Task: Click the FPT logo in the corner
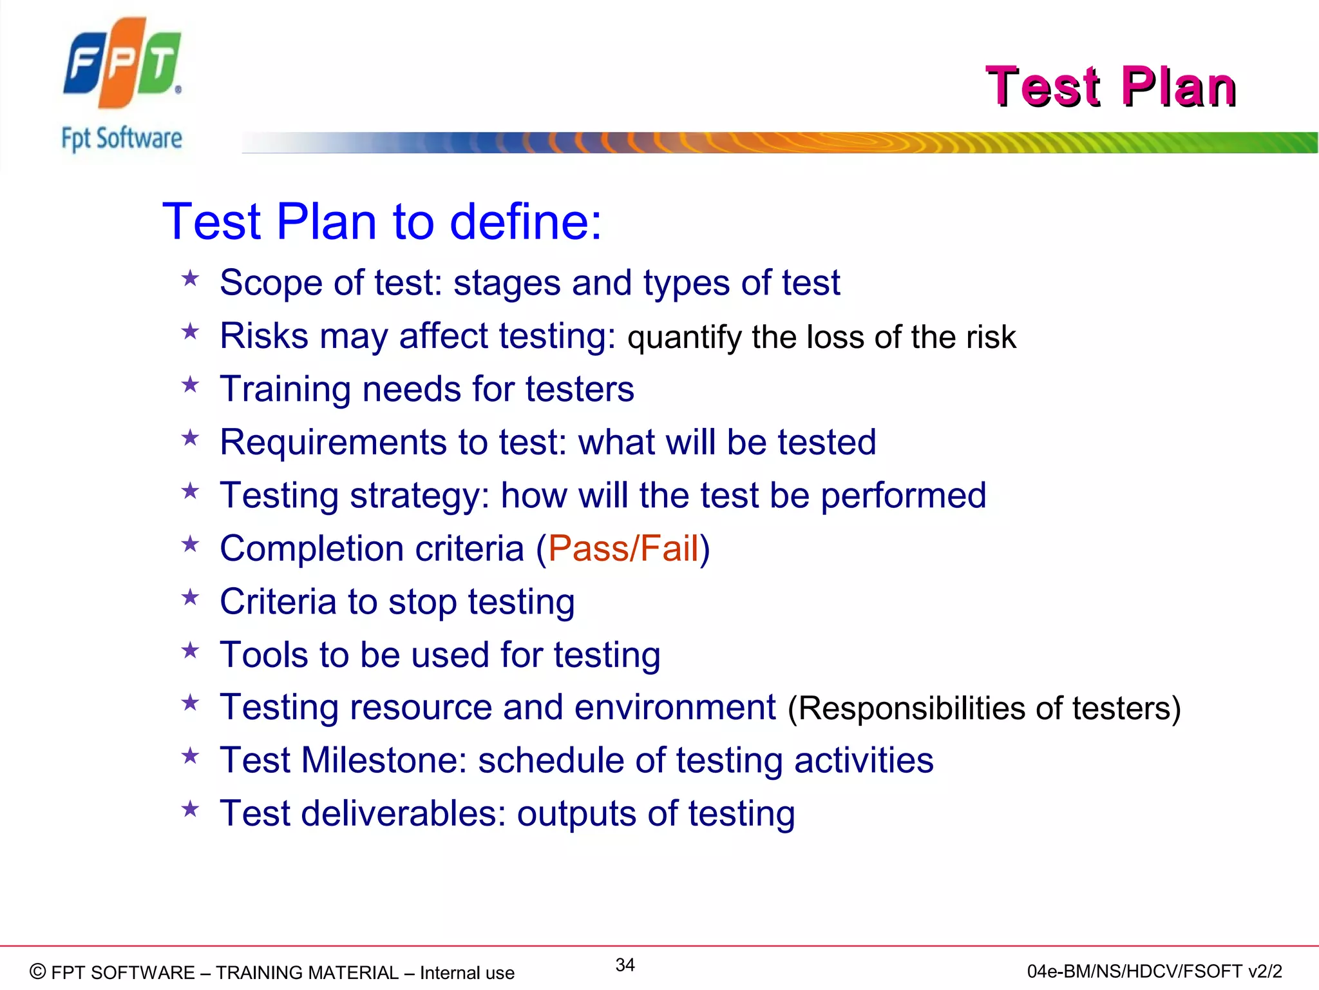pyautogui.click(x=122, y=63)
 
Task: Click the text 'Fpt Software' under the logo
pyautogui.click(x=122, y=139)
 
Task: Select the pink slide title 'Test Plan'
pyautogui.click(x=1110, y=86)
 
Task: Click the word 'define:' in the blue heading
pyautogui.click(x=526, y=222)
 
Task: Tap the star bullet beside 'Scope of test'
pyautogui.click(x=190, y=279)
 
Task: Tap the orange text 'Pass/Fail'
pyautogui.click(x=623, y=548)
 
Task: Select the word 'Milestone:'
pyautogui.click(x=384, y=761)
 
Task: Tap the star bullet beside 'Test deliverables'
pyautogui.click(x=190, y=809)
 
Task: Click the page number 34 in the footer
pyautogui.click(x=625, y=965)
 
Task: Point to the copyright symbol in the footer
pyautogui.click(x=38, y=971)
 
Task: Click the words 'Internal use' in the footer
pyautogui.click(x=467, y=973)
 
